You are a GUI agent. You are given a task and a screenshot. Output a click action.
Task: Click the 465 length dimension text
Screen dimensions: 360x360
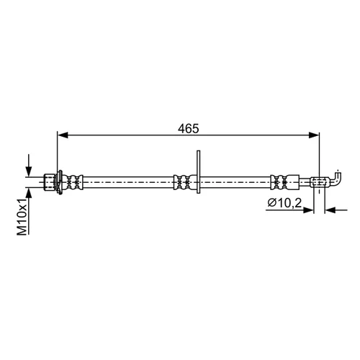pyautogui.click(x=189, y=129)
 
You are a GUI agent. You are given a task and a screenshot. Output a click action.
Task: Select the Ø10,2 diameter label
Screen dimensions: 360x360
pyautogui.click(x=284, y=203)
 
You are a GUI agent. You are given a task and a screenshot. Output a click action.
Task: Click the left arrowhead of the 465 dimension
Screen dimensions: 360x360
pyautogui.click(x=63, y=135)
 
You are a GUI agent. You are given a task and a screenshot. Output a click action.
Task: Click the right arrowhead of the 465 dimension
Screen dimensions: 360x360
pyautogui.click(x=314, y=135)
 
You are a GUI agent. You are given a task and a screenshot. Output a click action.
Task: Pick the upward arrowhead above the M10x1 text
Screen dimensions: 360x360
pyautogui.click(x=29, y=193)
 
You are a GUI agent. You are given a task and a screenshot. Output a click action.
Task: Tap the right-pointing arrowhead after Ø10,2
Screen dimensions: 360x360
pyautogui.click(x=309, y=210)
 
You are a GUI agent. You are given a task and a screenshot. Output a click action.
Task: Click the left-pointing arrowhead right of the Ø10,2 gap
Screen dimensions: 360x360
pyautogui.click(x=330, y=210)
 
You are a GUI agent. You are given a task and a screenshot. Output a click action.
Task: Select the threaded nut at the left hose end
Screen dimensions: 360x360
pyautogui.click(x=50, y=182)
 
